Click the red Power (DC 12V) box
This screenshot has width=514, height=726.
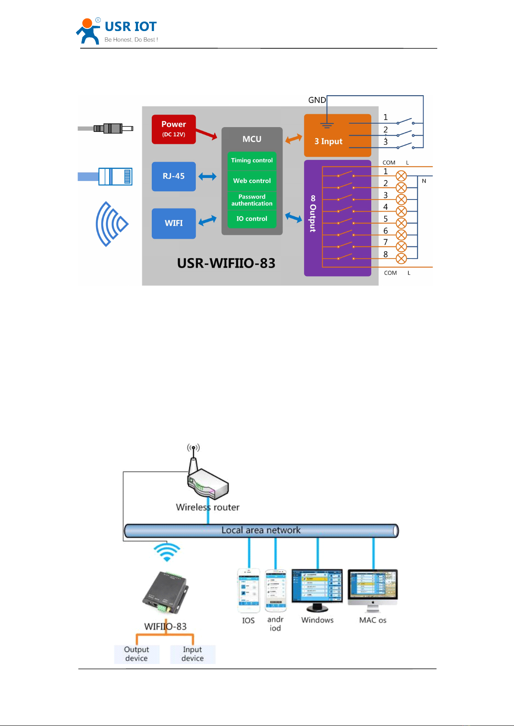click(x=173, y=129)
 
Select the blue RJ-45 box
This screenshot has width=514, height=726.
click(x=173, y=176)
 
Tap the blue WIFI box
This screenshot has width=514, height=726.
click(x=173, y=223)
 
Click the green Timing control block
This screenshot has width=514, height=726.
click(x=252, y=160)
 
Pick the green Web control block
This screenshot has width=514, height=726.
click(x=252, y=181)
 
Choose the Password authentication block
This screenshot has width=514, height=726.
click(x=252, y=200)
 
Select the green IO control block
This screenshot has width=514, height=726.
click(x=252, y=219)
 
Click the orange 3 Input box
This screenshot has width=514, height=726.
click(x=337, y=135)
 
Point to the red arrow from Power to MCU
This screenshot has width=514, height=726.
click(x=207, y=134)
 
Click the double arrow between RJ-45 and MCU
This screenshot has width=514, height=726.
click(x=207, y=176)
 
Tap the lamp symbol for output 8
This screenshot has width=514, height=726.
click(x=401, y=259)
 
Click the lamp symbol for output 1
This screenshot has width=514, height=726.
click(x=401, y=176)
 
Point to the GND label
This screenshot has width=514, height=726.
click(x=317, y=100)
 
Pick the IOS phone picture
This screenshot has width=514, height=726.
click(x=249, y=590)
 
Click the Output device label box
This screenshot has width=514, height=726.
click(x=137, y=654)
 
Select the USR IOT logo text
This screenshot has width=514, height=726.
click(x=131, y=27)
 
